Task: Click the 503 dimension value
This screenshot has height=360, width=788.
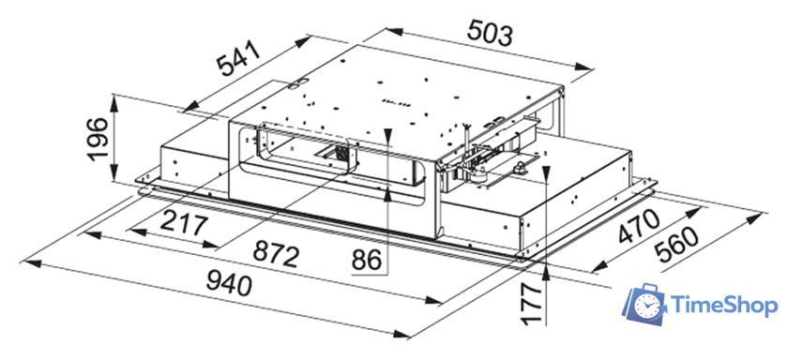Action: click(x=490, y=33)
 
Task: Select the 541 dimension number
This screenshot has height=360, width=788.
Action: click(x=238, y=58)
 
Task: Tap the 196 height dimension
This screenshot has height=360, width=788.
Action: click(x=97, y=139)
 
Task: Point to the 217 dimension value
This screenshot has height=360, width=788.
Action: click(x=184, y=224)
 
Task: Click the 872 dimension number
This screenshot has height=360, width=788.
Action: click(x=276, y=253)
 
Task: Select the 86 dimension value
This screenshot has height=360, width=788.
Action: click(x=367, y=260)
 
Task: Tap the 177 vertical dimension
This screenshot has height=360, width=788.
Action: click(x=531, y=303)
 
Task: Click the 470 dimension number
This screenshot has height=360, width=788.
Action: click(x=638, y=227)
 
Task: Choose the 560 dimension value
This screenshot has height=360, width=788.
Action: click(x=678, y=245)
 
